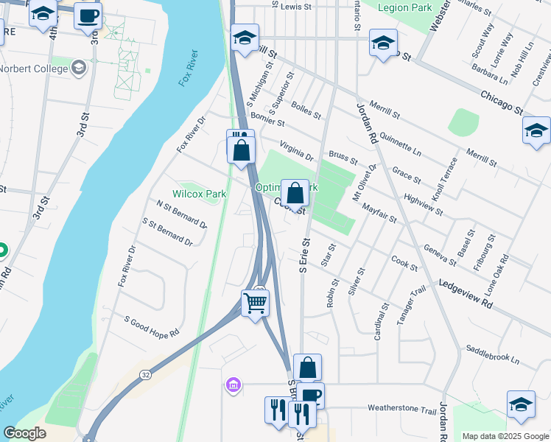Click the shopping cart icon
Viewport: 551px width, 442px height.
[255, 302]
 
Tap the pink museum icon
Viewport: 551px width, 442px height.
[233, 385]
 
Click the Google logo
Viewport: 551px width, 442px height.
[25, 433]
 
